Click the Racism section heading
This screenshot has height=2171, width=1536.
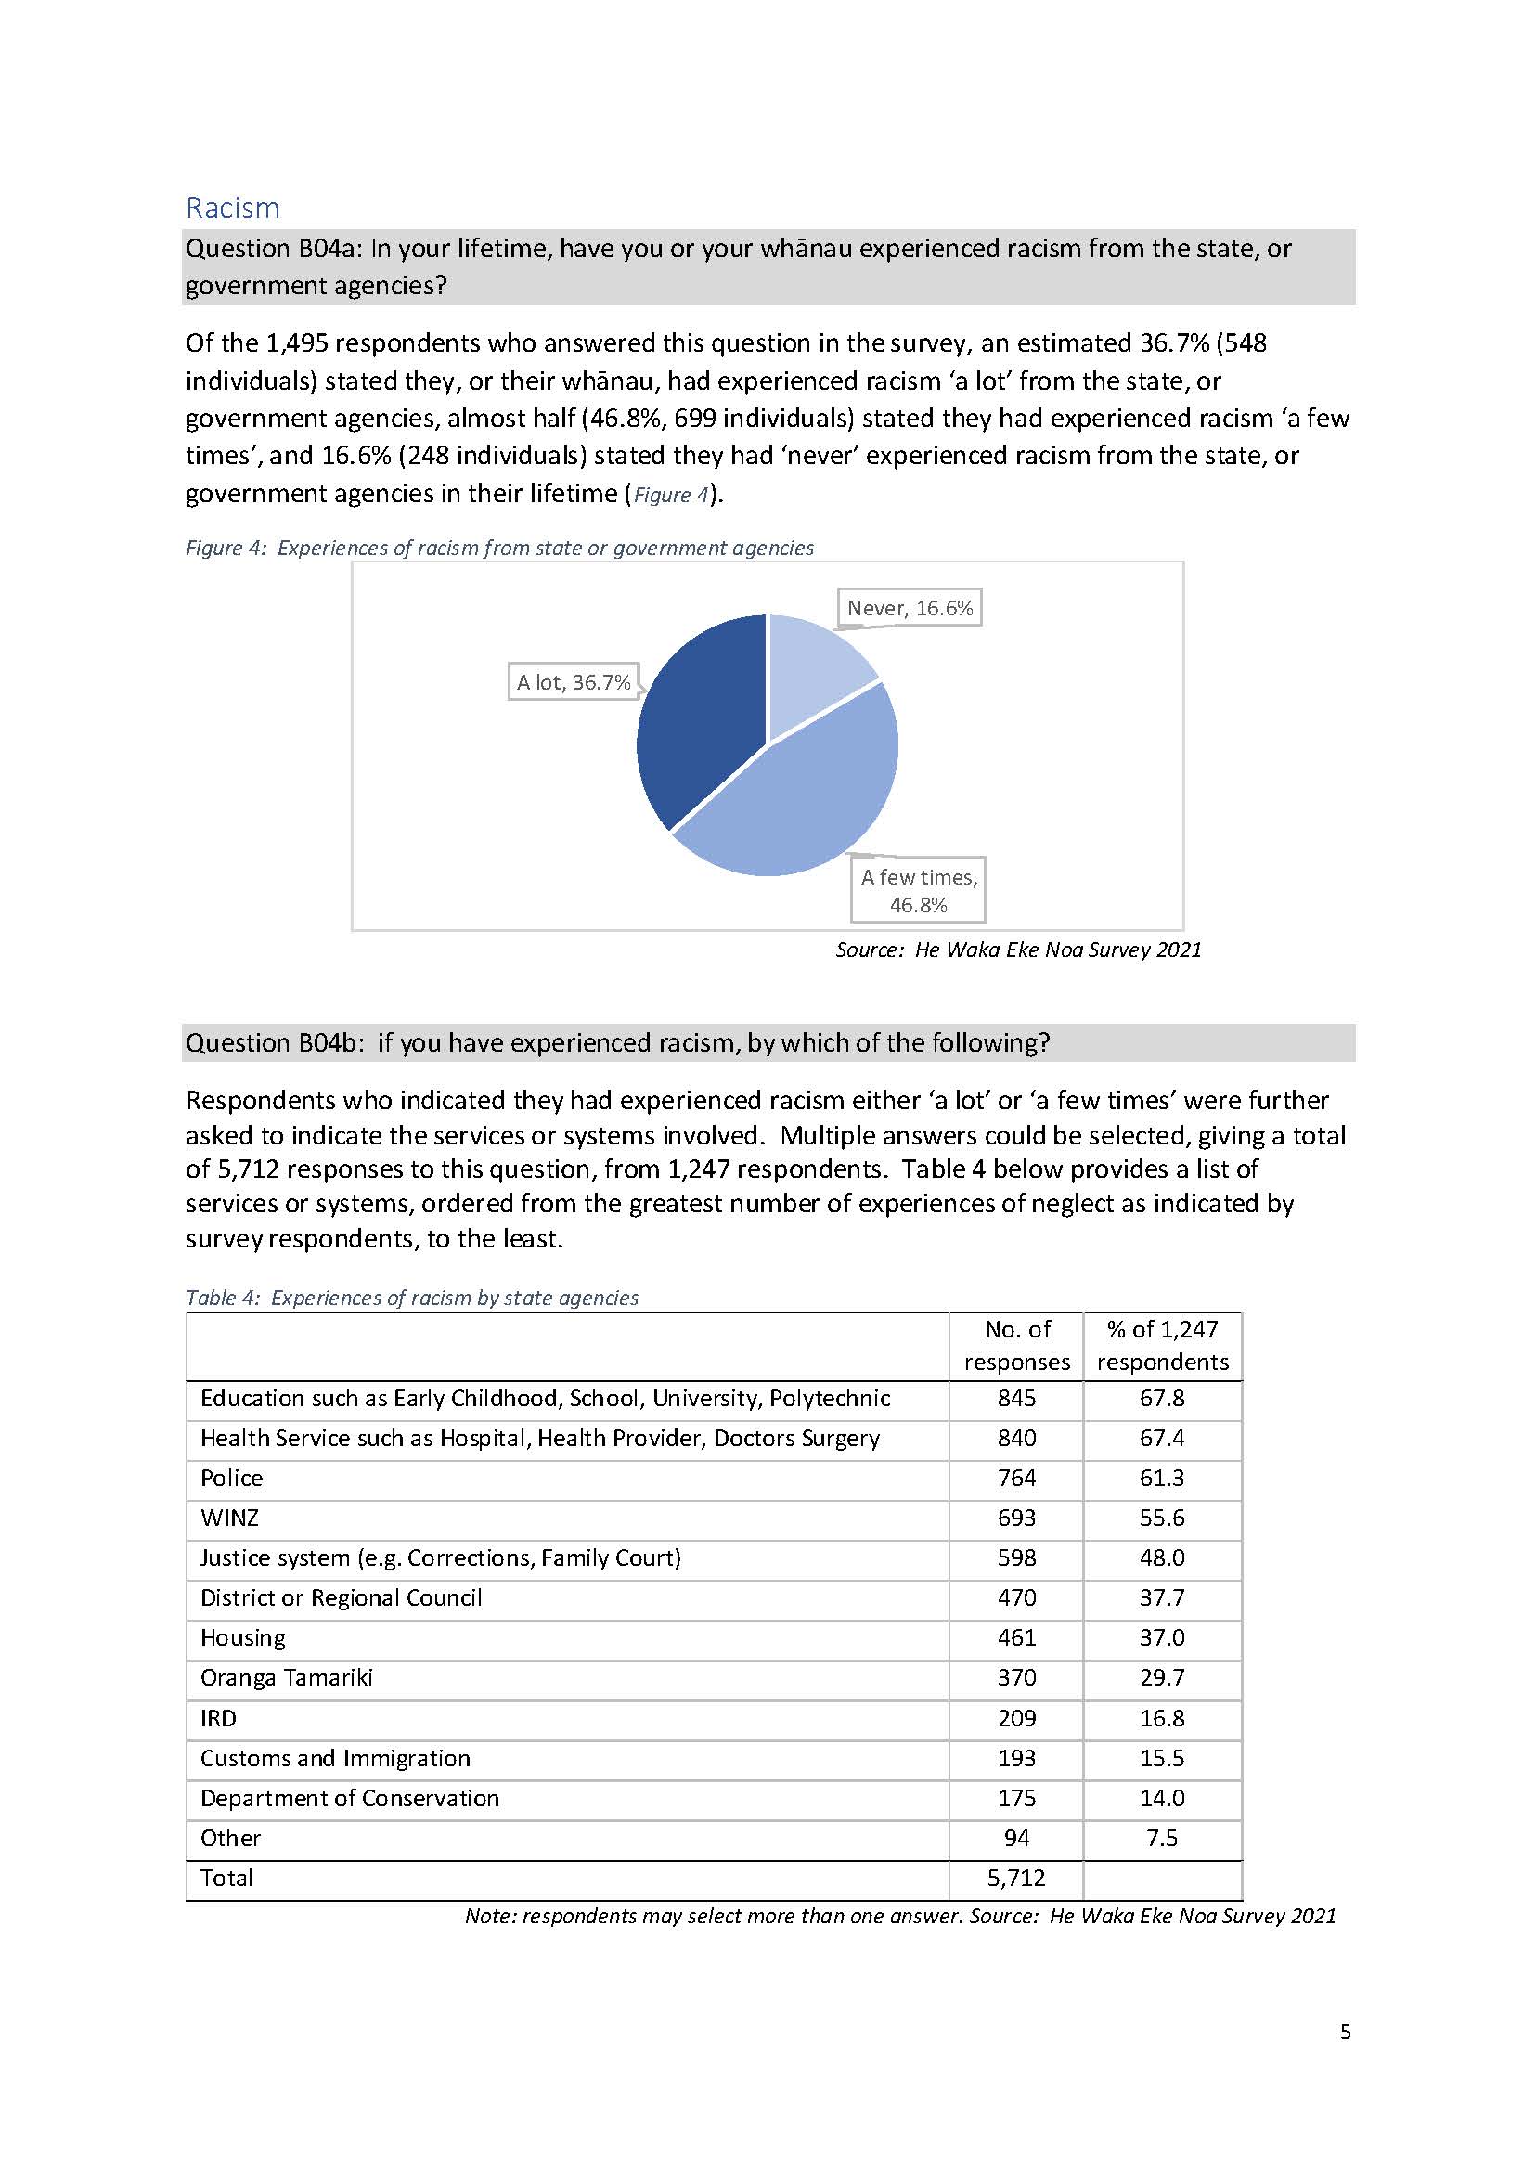tap(233, 208)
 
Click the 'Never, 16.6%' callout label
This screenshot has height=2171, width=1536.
tap(909, 608)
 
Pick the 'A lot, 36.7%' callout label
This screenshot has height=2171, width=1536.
tap(574, 682)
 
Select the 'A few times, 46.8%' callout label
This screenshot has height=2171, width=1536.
tap(918, 890)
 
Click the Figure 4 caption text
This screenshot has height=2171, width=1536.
tap(499, 548)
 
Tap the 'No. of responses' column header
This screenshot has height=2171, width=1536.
tap(1016, 1345)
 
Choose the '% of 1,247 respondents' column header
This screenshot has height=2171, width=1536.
tap(1161, 1345)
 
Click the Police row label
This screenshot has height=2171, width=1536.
tap(232, 1478)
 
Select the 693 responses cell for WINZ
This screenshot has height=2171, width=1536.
tap(1016, 1518)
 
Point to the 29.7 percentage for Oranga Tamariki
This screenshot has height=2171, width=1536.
tap(1161, 1677)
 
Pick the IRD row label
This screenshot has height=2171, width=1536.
tap(218, 1718)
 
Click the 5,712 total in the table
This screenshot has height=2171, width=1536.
tap(1016, 1878)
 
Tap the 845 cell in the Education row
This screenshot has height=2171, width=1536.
tap(1016, 1398)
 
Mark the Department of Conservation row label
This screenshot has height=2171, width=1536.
tap(349, 1797)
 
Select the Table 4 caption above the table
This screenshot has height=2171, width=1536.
tap(411, 1297)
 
